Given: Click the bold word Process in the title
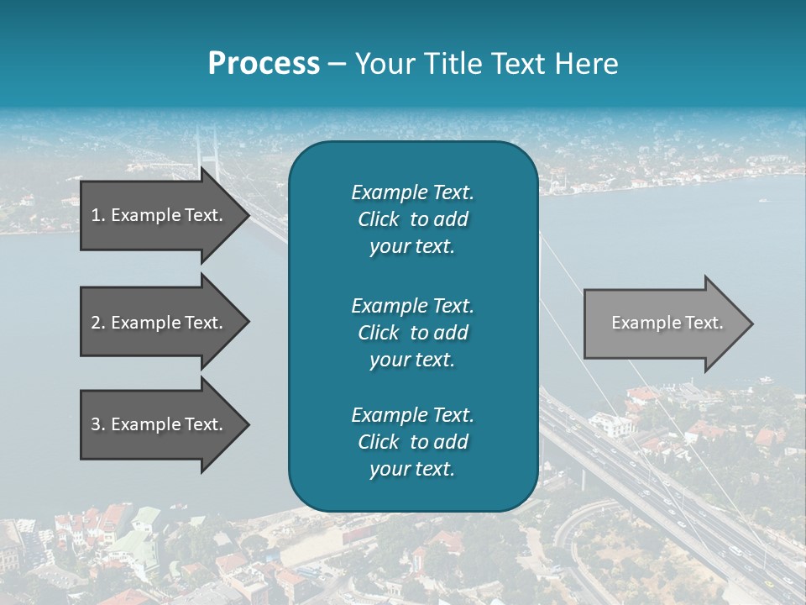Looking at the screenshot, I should pos(264,64).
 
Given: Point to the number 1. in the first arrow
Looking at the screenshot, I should pos(97,215).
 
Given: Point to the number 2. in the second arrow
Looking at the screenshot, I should pos(97,323).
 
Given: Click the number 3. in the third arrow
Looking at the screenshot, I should pos(97,424).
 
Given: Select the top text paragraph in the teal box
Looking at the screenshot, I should pos(412,219).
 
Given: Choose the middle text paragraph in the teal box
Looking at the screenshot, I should pos(412,333).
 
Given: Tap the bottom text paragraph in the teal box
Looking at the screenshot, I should pos(412,442).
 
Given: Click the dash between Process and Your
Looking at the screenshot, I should pos(337,65).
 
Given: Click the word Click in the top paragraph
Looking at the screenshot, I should pos(378,219).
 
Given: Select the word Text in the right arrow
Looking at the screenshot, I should pos(704,323).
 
